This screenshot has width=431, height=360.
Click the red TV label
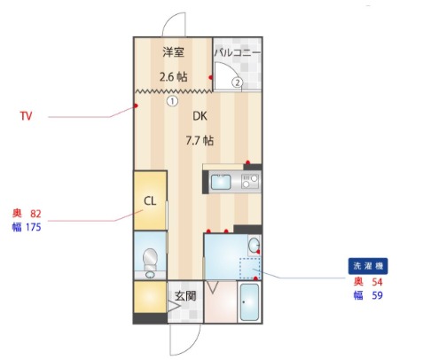pos(26,116)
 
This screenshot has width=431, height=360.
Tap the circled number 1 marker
pos(172,101)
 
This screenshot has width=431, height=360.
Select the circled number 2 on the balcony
pos(238,82)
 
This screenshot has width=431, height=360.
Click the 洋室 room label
pos(173,52)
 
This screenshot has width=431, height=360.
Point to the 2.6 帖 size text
pos(173,77)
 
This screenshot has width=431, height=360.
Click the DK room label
pos(200,116)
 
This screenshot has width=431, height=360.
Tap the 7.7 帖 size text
pos(200,140)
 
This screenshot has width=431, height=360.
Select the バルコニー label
pos(238,52)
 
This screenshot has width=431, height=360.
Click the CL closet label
pos(150,201)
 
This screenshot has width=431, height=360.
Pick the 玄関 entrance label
pos(185,295)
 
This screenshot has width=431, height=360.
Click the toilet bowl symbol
pos(150,260)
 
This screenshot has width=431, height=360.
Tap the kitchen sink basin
pos(221,182)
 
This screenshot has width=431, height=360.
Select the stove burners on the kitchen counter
pos(250,182)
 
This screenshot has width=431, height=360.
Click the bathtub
pos(249,301)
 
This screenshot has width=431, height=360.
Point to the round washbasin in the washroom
pos(254,245)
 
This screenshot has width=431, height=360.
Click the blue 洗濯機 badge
pos(368,266)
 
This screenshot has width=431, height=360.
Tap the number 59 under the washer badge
pos(377,295)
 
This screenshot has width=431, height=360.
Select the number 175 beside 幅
pos(33,227)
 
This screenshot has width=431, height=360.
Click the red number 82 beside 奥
pos(35,214)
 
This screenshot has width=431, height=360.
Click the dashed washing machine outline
pos(250,269)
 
